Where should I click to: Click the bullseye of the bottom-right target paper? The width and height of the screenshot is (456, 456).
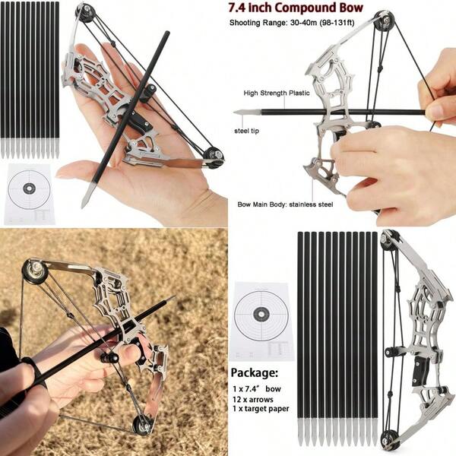[260, 313]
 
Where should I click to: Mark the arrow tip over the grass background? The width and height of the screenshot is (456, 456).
[169, 299]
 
